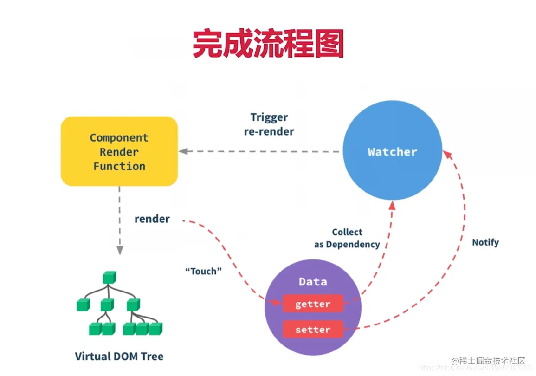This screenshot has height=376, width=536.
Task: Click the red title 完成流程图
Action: pos(268,44)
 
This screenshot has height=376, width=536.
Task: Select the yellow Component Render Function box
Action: pos(119,151)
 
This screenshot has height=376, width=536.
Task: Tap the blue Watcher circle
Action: pos(392,151)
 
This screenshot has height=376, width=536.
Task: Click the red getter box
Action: pos(313,304)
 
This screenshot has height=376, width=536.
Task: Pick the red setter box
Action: pos(313,330)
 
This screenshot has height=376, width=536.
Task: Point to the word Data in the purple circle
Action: pos(313,282)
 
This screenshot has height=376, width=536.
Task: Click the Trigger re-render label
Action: pos(269,124)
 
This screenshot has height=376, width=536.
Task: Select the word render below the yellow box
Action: pos(152,219)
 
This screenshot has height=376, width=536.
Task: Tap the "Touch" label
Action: pos(204,271)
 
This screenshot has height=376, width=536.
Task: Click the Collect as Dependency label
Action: pos(347,238)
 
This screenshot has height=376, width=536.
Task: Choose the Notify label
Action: pos(485,242)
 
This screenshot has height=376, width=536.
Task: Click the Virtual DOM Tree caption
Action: pos(119,357)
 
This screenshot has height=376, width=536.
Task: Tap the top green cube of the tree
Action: pos(109,278)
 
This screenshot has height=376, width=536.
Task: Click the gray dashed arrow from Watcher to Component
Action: pos(260,151)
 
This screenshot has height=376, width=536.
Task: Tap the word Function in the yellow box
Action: pos(119,166)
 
